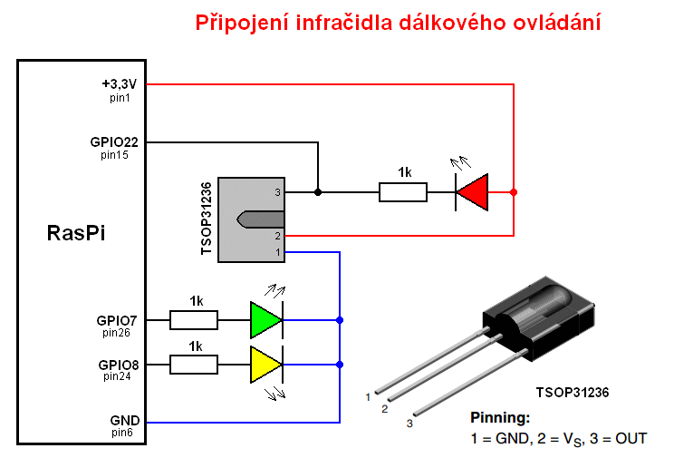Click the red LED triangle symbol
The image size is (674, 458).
472,192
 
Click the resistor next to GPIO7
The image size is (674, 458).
194,320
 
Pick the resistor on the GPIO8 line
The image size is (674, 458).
194,365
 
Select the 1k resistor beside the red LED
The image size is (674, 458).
403,192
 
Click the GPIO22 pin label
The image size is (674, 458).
114,142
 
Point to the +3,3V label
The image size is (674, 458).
119,83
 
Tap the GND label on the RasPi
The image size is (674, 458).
125,421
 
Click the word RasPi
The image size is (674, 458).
76,233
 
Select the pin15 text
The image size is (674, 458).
114,155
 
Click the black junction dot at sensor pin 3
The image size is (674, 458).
318,192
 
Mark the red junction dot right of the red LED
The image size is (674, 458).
514,192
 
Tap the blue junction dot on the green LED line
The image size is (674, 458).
340,320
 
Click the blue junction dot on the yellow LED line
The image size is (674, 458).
340,365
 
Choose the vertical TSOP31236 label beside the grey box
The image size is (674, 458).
207,219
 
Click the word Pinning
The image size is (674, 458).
500,417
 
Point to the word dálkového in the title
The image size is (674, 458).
453,23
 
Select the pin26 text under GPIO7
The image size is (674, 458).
116,333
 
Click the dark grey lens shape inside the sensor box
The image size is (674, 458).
261,219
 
